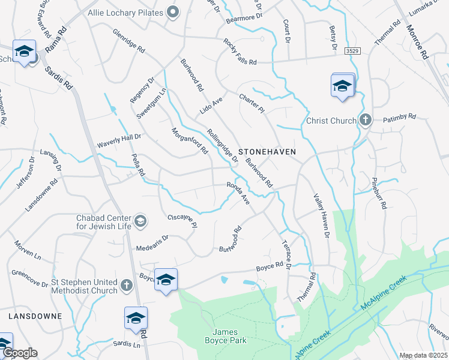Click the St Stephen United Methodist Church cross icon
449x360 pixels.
coord(126,286)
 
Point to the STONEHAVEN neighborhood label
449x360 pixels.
coord(267,152)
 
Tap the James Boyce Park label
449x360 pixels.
coord(230,336)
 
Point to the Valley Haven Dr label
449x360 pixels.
coord(321,215)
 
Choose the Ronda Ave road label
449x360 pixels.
coord(238,193)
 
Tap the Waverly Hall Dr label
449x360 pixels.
coord(119,141)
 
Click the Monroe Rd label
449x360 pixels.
coord(416,41)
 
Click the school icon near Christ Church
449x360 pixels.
coord(342,86)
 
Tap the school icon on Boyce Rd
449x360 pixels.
coord(166,280)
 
